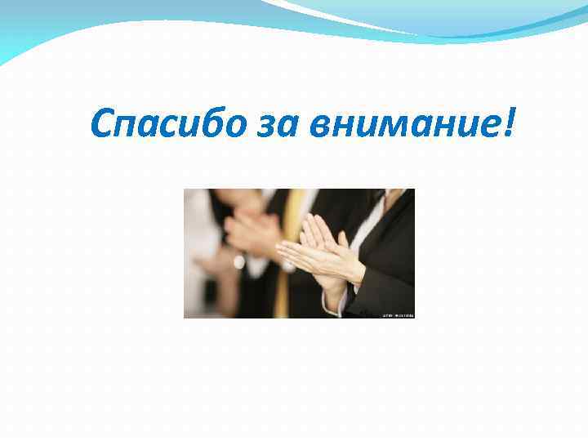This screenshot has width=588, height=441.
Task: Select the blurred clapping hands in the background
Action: click(245, 233)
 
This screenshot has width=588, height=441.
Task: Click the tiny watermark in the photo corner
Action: click(399, 314)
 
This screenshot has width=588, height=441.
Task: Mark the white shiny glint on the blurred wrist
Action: click(238, 262)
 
